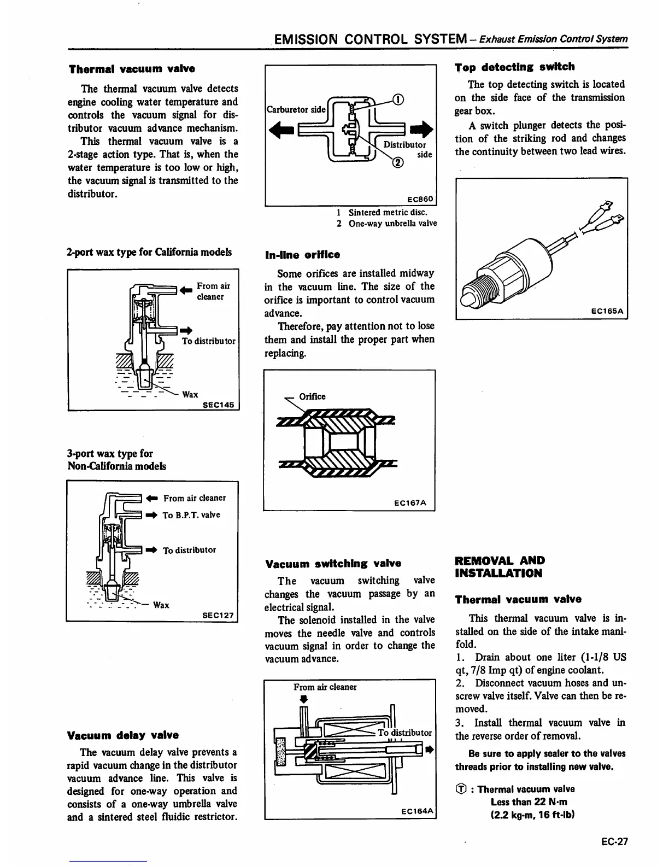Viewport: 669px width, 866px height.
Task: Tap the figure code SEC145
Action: [218, 405]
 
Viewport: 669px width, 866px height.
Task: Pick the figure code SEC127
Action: [218, 615]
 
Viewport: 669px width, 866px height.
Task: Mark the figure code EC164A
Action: [417, 811]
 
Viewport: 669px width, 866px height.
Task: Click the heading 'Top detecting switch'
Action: [514, 67]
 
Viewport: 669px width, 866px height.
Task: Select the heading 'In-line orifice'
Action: [302, 255]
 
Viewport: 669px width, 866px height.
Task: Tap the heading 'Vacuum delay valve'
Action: [122, 735]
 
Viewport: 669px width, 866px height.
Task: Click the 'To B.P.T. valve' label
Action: [191, 515]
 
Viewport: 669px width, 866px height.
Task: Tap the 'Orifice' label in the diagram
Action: [312, 396]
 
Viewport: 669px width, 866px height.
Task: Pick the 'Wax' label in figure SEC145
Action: [190, 394]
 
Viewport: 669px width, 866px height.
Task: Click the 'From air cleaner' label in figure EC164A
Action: [325, 687]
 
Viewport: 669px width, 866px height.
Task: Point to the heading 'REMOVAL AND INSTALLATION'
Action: [500, 567]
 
